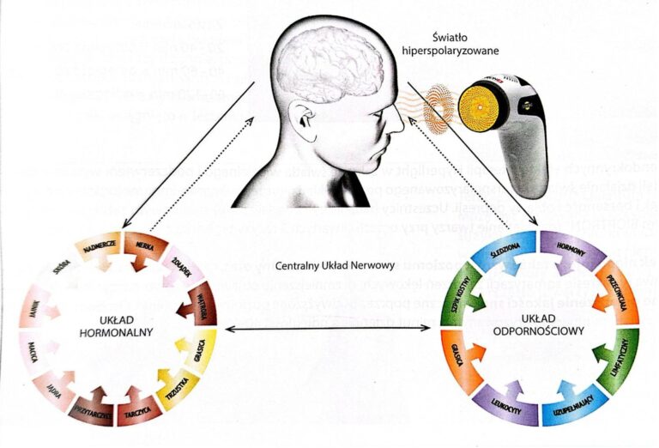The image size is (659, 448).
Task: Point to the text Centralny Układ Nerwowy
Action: click(x=327, y=265)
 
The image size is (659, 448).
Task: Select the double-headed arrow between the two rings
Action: click(x=329, y=328)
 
